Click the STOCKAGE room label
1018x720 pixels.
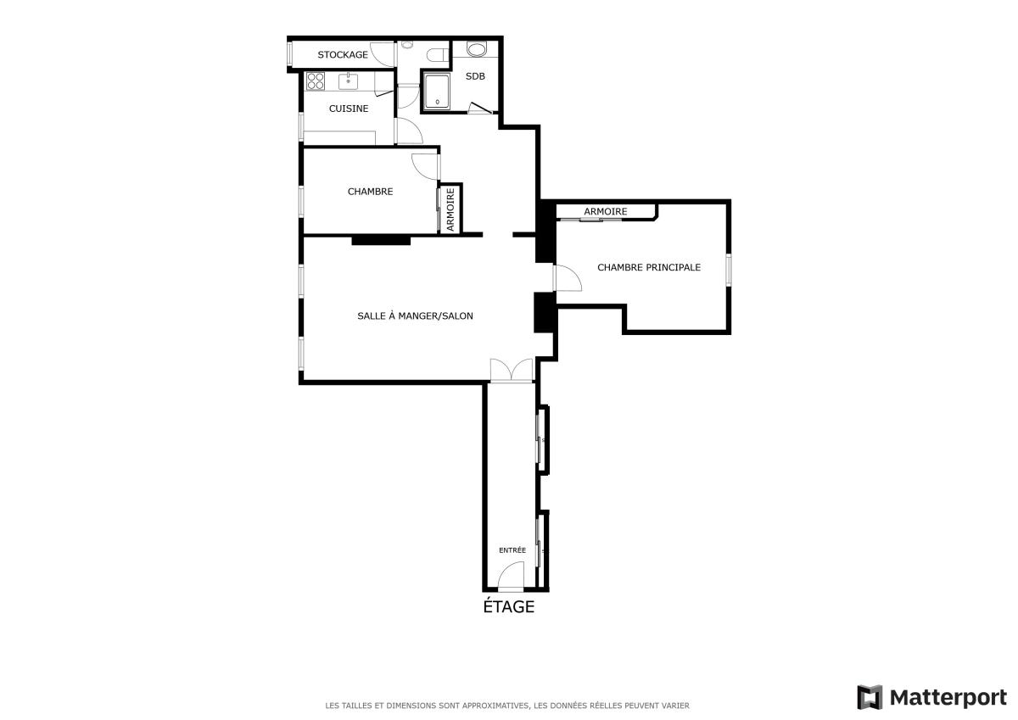(x=343, y=55)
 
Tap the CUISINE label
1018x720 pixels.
(x=349, y=109)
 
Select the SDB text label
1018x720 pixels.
(x=475, y=76)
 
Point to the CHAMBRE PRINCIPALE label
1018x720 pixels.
(x=649, y=267)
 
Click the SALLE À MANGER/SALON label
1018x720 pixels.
(x=415, y=315)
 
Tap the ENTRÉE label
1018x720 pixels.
(x=512, y=550)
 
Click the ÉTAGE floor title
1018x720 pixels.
(x=508, y=606)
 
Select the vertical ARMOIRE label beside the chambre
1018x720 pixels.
(x=450, y=209)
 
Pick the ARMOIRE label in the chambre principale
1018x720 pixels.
(x=606, y=212)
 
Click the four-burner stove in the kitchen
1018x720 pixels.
(x=316, y=81)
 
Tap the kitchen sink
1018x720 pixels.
(x=348, y=81)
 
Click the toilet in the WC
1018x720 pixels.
(x=437, y=55)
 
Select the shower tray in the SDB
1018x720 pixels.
(x=437, y=92)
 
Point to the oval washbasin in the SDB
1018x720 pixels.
(x=476, y=49)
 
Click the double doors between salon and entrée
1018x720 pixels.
(x=512, y=371)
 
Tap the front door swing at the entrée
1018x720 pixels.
(x=511, y=577)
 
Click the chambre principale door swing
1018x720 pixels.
(x=568, y=277)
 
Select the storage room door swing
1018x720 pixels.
(x=382, y=55)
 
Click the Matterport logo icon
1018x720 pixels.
(x=870, y=697)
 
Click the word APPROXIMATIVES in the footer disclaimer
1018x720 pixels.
(x=495, y=706)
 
